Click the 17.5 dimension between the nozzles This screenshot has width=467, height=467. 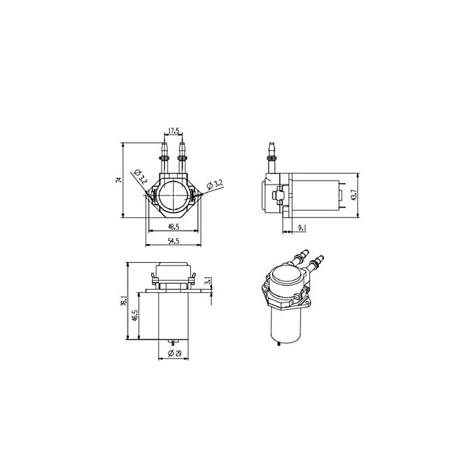click(x=173, y=131)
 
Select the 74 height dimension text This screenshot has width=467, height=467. click(x=118, y=180)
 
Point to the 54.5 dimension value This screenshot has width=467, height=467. click(x=173, y=241)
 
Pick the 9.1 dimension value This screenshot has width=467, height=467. click(x=302, y=229)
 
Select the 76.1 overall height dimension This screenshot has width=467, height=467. click(x=123, y=301)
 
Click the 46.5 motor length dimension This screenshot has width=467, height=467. click(x=135, y=318)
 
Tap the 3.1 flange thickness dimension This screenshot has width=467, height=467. click(x=208, y=283)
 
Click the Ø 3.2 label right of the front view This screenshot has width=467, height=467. click(x=215, y=184)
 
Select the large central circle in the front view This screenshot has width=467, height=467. click(x=173, y=195)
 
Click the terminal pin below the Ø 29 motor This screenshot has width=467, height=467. click(x=173, y=341)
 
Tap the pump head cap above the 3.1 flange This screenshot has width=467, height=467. click(x=173, y=270)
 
